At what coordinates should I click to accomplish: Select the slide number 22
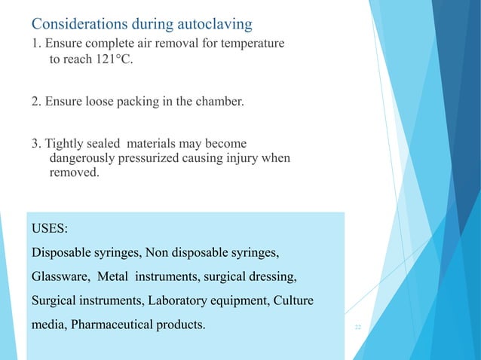357,326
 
